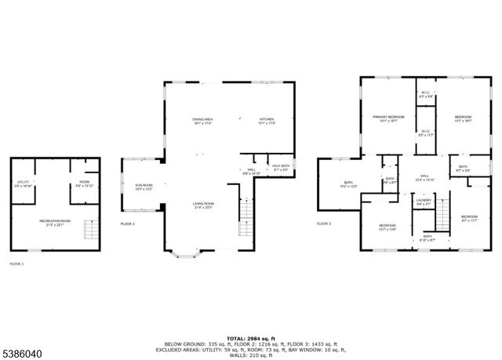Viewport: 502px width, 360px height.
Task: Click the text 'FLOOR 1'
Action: coord(16,264)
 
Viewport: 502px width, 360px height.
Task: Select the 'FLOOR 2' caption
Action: coord(127,224)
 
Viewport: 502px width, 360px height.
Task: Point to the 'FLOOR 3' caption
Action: coord(324,224)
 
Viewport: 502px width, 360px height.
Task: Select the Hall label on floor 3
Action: coord(424,177)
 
